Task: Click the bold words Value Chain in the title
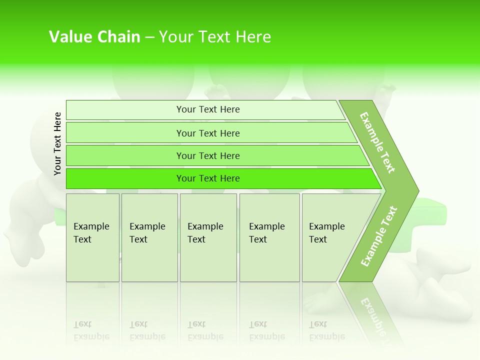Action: tap(94, 37)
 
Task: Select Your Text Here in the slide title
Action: tap(215, 37)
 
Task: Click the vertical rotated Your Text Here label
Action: tap(57, 143)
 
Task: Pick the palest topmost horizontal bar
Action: tap(208, 109)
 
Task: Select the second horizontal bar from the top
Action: tap(208, 133)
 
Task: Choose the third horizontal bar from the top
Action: tap(208, 155)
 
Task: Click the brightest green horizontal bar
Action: tap(208, 178)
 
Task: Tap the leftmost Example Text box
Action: tap(92, 237)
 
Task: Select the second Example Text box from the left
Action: tap(149, 237)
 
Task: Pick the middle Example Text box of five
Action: tap(208, 237)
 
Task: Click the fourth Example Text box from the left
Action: tap(269, 237)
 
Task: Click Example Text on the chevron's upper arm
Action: tap(377, 142)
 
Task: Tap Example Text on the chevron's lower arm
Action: tap(379, 236)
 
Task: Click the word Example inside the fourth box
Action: tap(266, 226)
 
